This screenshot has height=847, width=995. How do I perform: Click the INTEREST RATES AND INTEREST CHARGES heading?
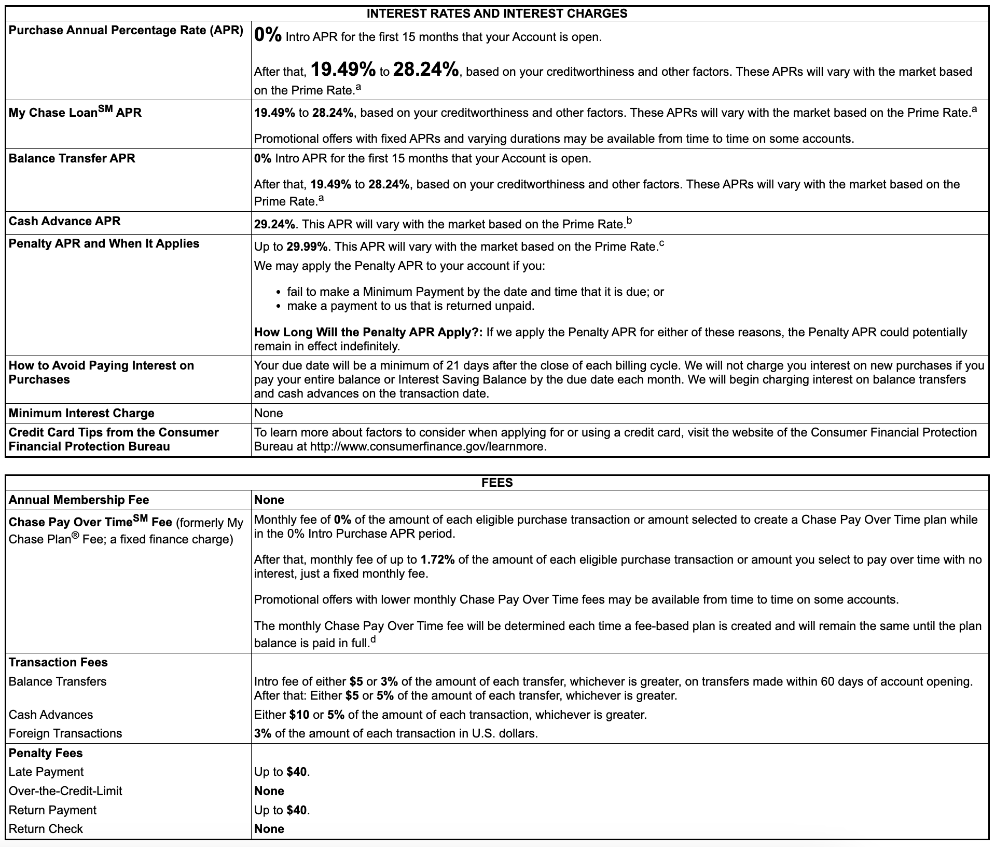pos(496,13)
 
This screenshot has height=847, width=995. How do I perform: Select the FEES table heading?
pos(496,483)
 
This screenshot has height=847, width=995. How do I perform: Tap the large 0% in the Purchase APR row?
pos(268,36)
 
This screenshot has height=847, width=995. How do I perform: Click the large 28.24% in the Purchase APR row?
pos(426,70)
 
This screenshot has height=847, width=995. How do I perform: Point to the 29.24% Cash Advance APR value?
pos(274,224)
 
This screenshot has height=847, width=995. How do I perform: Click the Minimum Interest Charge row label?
pos(81,413)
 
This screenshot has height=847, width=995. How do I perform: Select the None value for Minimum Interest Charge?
pos(268,413)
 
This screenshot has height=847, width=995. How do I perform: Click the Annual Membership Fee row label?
pos(79,500)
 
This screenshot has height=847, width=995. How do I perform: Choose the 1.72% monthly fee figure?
pos(438,559)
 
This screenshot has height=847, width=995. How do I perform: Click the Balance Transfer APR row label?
pos(72,158)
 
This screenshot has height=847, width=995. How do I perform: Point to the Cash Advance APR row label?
pos(64,221)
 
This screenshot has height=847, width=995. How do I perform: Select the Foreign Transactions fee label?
pos(65,733)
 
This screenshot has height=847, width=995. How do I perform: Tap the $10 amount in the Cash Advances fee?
pos(299,715)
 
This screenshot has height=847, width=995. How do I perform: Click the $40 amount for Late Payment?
pos(296,772)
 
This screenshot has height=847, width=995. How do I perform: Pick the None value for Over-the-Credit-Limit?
pos(269,791)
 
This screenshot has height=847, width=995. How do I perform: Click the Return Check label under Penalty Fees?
pos(46,829)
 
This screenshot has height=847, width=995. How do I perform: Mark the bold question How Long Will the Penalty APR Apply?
pos(368,332)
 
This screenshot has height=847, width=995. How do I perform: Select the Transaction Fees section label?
pos(58,662)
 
